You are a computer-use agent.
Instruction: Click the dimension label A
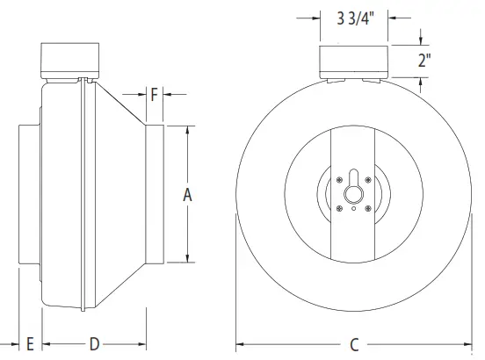pos(187,195)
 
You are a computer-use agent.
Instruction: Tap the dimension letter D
pos(94,342)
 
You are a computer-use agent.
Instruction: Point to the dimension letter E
pos(29,342)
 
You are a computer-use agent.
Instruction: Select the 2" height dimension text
pos(424,61)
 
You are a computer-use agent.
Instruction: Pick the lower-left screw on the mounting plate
pos(339,207)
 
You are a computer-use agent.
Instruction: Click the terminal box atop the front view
pos(352,61)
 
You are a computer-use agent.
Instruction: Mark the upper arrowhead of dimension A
pos(187,129)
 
